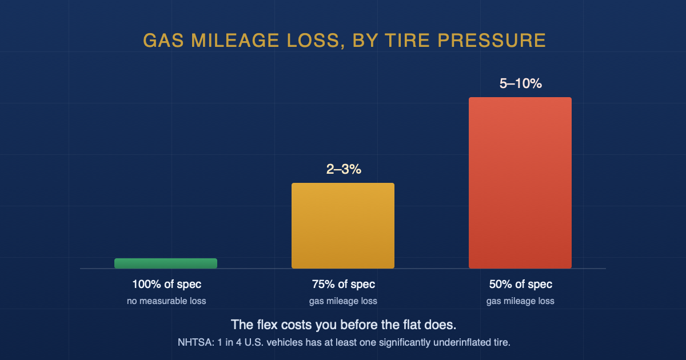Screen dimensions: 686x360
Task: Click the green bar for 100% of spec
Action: (x=166, y=263)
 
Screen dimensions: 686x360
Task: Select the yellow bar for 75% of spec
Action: (x=343, y=226)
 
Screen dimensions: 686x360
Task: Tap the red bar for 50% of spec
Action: (x=520, y=183)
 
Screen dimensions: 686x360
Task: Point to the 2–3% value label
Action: (x=344, y=169)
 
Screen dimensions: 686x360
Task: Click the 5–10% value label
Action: (x=521, y=83)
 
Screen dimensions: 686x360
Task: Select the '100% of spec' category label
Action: (x=166, y=285)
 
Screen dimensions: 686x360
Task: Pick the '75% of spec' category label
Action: (x=344, y=285)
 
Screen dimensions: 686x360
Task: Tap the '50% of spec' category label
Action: (x=521, y=285)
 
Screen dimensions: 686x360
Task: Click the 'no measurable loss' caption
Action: (x=166, y=301)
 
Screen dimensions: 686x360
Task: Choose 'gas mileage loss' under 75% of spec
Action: (x=343, y=301)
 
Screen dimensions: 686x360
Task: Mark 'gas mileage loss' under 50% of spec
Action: (x=520, y=301)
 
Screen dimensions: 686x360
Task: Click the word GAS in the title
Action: (x=163, y=41)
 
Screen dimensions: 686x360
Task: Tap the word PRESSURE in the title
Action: (x=492, y=41)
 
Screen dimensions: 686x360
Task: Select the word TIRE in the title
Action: (x=407, y=41)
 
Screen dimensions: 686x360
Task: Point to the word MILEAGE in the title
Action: (x=235, y=41)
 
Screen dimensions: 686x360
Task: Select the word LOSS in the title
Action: (x=316, y=41)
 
